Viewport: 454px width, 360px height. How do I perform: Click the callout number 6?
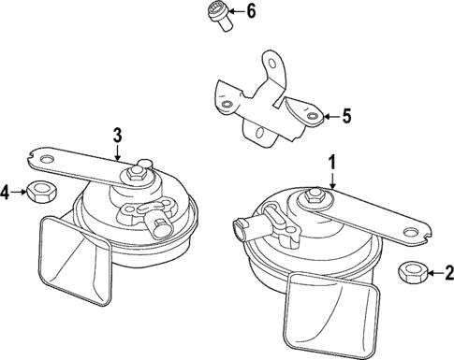(x=251, y=11)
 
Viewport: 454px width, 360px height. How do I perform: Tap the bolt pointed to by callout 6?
(x=219, y=16)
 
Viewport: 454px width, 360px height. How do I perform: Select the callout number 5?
(x=346, y=116)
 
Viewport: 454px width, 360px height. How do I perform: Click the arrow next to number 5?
(x=332, y=117)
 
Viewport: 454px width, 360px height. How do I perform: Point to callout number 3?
(x=117, y=136)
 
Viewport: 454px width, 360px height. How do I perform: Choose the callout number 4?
(x=5, y=192)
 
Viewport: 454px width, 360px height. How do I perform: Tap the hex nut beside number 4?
(x=41, y=192)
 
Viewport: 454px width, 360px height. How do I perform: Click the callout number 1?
(x=332, y=163)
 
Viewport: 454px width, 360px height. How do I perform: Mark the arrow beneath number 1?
(x=332, y=180)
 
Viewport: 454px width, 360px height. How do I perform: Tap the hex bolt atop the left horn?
(x=135, y=173)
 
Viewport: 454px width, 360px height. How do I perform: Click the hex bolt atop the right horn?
(x=314, y=196)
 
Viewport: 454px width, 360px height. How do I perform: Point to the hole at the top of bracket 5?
(x=272, y=65)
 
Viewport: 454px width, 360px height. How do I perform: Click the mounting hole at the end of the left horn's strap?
(x=48, y=160)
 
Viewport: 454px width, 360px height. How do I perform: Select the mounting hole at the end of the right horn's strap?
(x=410, y=232)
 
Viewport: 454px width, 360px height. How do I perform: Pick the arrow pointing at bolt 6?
(x=237, y=12)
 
